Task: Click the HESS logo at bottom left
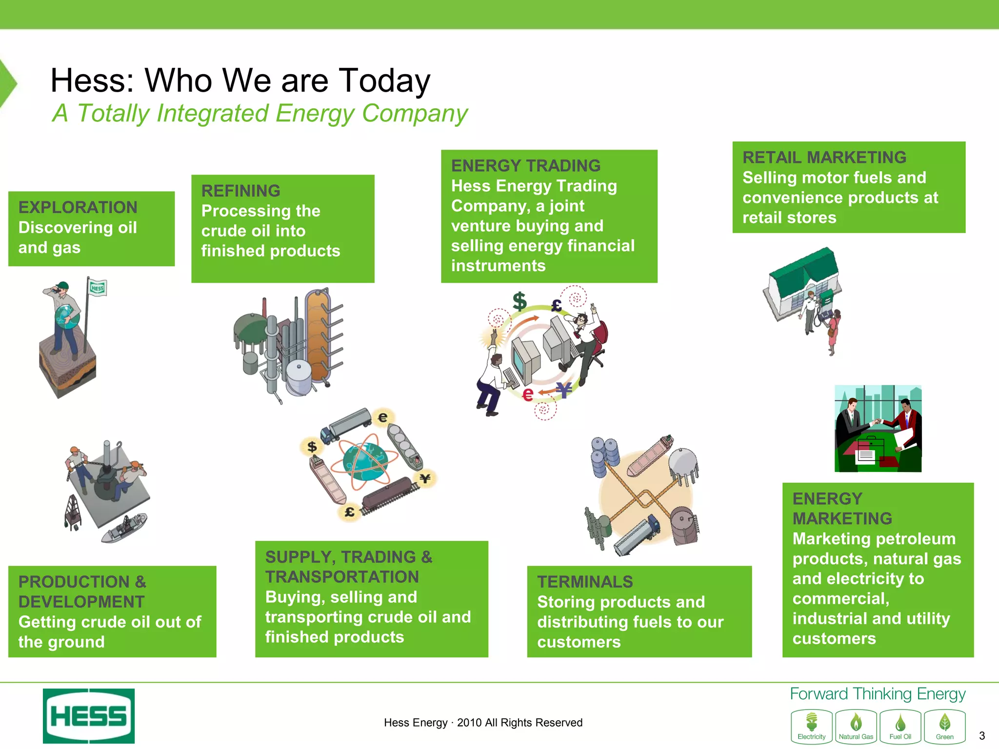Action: [89, 716]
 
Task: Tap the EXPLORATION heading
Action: [78, 207]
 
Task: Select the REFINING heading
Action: [240, 191]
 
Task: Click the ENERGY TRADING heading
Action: [525, 166]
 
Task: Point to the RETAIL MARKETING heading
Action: [824, 158]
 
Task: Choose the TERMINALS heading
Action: [584, 582]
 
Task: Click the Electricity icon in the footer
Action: [811, 726]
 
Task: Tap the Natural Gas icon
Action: [856, 726]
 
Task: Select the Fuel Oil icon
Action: [900, 726]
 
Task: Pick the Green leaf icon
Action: [944, 726]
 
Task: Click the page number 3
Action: [981, 735]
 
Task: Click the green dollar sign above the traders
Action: [519, 301]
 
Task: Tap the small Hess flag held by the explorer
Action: [98, 288]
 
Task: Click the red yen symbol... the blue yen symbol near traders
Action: [564, 390]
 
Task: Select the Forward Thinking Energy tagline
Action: [877, 694]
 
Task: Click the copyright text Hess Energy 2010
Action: [483, 723]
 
